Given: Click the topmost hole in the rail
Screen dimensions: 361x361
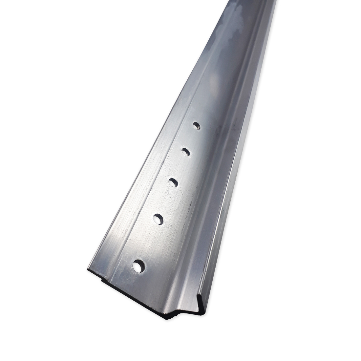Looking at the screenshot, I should (196, 125).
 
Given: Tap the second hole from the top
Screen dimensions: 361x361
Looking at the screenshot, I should (185, 152).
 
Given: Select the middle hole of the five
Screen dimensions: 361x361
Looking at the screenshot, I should (173, 182).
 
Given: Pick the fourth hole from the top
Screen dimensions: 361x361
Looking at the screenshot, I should (158, 219).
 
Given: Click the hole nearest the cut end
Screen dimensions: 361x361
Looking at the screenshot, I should (138, 265).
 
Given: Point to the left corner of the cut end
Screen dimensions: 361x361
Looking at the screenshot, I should (88, 270).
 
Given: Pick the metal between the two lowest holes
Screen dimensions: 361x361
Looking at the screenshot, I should (148, 242).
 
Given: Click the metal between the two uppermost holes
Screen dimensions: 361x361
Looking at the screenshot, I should (191, 139).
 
